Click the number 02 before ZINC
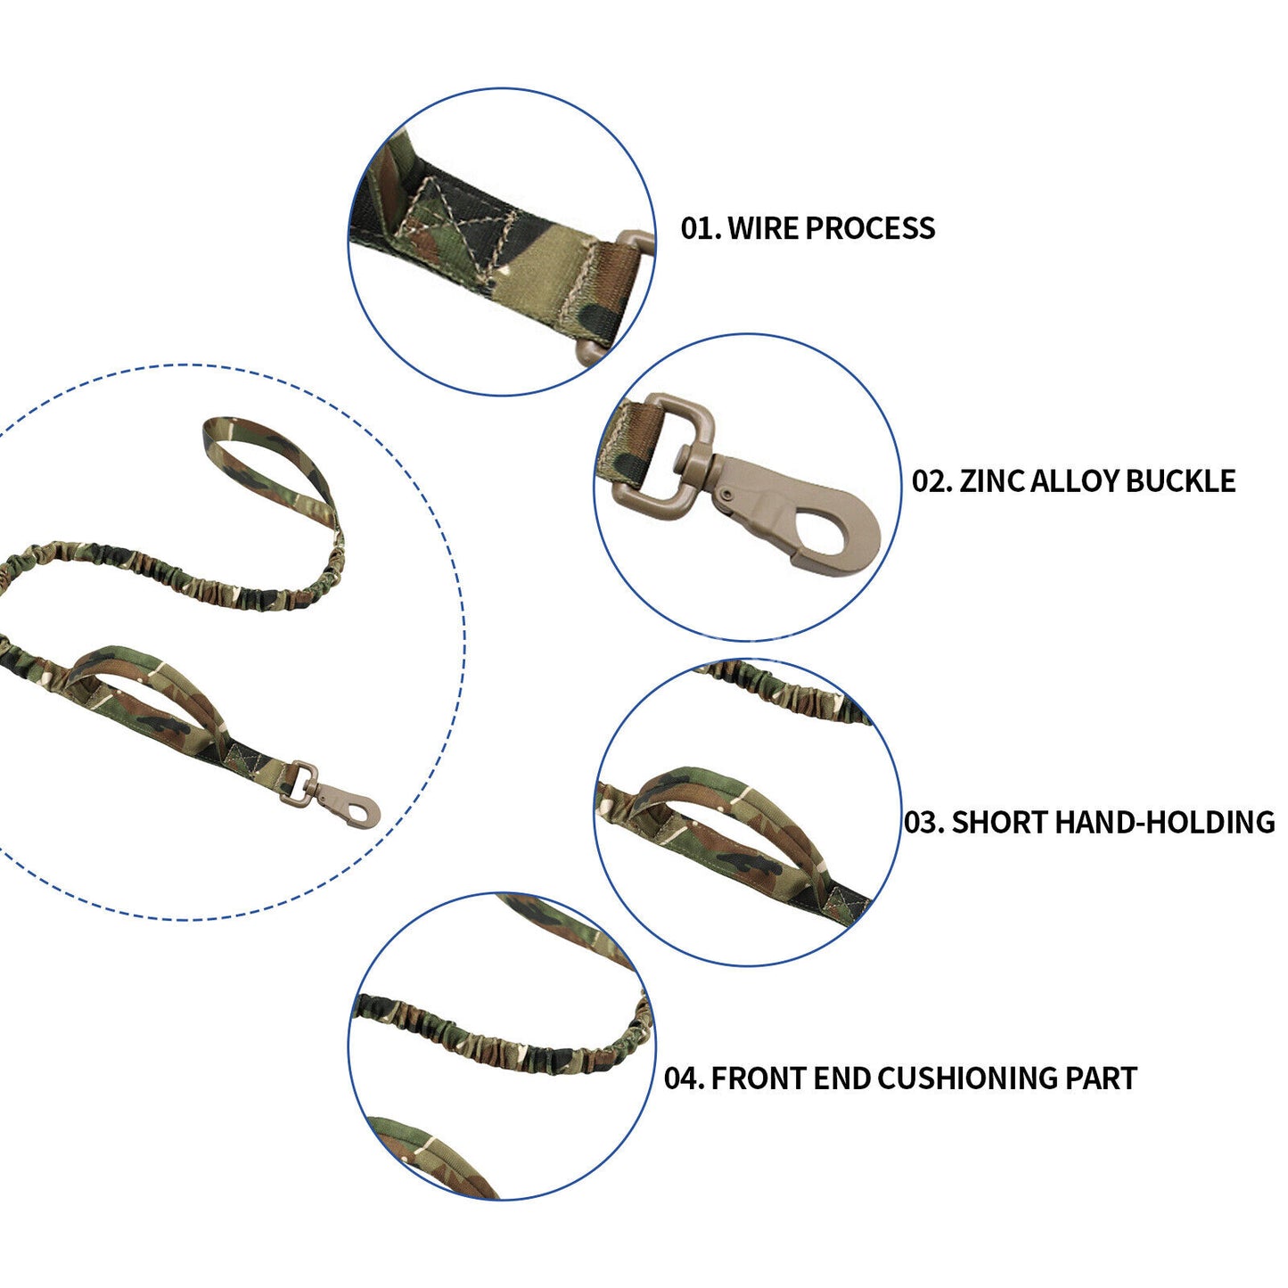coord(931,481)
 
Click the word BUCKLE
coord(1180,481)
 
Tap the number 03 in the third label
coord(923,822)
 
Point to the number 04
coord(683,1079)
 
